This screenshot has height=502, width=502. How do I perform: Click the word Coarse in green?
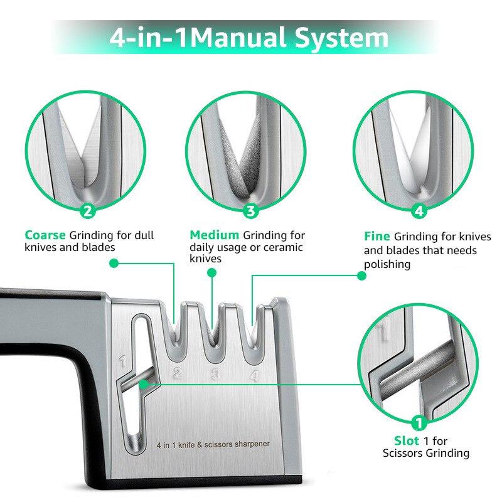click(x=45, y=235)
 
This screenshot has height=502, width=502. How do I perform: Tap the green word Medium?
click(x=215, y=235)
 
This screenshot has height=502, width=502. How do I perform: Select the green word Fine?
click(x=377, y=237)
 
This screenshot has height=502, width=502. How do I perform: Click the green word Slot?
click(x=406, y=441)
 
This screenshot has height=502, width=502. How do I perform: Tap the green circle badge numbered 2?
click(x=88, y=211)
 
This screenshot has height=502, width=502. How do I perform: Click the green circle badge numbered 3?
click(x=251, y=211)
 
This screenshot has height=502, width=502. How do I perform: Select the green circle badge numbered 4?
click(x=419, y=211)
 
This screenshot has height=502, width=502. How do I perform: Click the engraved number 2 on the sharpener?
click(x=177, y=375)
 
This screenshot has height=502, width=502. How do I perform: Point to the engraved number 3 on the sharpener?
click(x=215, y=375)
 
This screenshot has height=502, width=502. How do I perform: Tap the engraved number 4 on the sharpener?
click(x=254, y=375)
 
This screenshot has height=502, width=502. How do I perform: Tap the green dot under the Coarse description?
click(x=114, y=264)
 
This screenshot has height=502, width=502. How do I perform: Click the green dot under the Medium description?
click(x=212, y=273)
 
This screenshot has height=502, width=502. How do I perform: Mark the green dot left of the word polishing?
click(x=361, y=275)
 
